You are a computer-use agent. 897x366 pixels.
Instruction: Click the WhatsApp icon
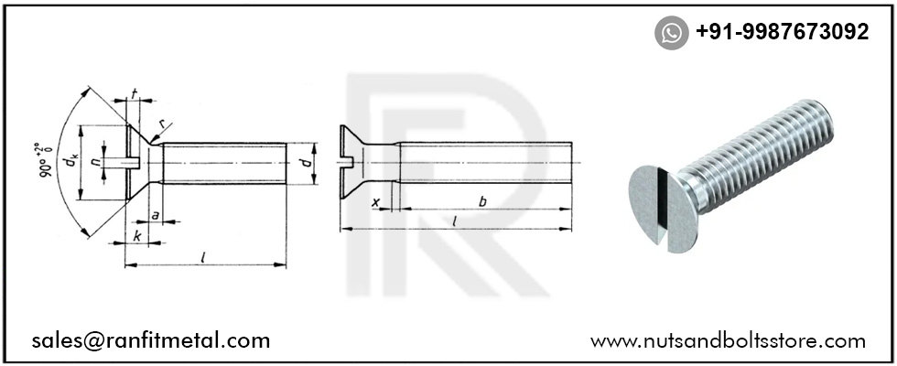point(672,33)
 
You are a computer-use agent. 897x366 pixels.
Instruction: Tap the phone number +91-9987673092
point(782,32)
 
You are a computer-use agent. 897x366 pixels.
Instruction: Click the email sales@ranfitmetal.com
point(151,341)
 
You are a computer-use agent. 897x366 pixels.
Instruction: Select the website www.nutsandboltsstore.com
point(728,341)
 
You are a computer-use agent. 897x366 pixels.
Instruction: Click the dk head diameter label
point(70,164)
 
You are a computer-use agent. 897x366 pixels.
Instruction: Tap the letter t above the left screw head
point(135,94)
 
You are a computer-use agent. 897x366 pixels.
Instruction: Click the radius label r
point(161,124)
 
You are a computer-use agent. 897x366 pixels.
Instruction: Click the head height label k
point(135,236)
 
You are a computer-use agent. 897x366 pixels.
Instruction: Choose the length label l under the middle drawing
point(455,221)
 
